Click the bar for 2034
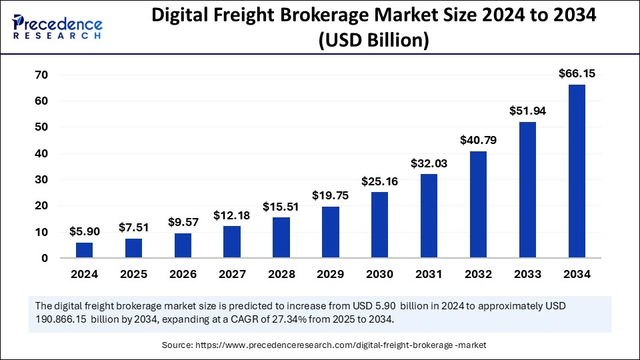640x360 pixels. [577, 171]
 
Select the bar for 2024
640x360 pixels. [84, 250]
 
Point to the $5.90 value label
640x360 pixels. [84, 231]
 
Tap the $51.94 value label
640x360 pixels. [527, 111]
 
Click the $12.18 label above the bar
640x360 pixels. [232, 215]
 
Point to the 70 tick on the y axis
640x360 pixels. [41, 75]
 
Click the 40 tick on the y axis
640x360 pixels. [41, 153]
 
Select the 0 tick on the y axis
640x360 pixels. [44, 258]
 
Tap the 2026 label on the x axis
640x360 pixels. [183, 274]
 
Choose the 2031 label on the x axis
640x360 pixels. [429, 274]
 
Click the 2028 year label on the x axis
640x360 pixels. [281, 274]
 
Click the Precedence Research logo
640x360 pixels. [57, 27]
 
